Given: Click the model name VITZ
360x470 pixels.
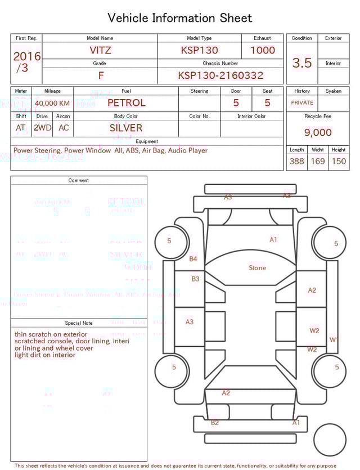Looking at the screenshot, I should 101,50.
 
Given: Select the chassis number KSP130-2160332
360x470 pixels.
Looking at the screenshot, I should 220,75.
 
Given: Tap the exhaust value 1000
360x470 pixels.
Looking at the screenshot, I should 263,50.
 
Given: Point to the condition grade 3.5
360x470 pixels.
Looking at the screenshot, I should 302,63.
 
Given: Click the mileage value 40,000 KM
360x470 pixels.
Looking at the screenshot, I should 52,104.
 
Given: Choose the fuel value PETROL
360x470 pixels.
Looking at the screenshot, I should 126,103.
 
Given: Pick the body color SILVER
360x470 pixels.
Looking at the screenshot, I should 126,128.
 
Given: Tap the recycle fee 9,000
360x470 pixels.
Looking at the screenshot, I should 318,133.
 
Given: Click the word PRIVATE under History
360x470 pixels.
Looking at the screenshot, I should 302,103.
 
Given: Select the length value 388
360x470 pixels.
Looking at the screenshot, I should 296,162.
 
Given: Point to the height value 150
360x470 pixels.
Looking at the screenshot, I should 339,162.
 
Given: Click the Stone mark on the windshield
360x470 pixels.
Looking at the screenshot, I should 258,268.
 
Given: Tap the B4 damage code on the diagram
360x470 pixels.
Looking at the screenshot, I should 193,259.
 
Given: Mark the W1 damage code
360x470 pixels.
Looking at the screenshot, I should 334,339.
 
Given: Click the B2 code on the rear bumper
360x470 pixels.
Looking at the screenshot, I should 215,423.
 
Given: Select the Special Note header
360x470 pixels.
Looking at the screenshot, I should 79,323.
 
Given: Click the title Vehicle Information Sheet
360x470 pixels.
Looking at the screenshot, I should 180,18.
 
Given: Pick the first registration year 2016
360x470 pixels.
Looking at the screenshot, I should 27,56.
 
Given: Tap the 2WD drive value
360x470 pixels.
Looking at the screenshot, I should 42,128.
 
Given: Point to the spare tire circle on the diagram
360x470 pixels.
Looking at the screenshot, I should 330,439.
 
